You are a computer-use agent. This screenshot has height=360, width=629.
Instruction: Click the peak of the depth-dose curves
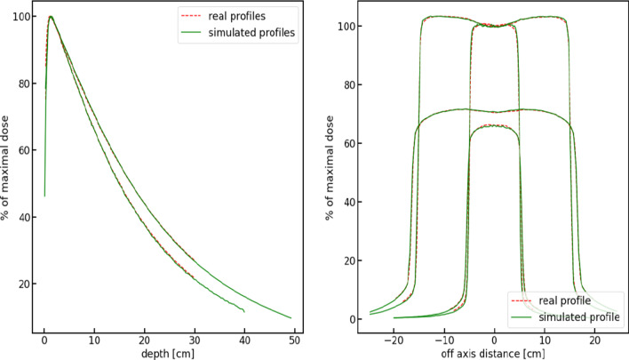51,17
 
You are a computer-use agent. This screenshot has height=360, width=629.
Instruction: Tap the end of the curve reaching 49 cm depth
291,317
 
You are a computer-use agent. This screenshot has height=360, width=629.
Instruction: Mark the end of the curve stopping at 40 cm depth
244,311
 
